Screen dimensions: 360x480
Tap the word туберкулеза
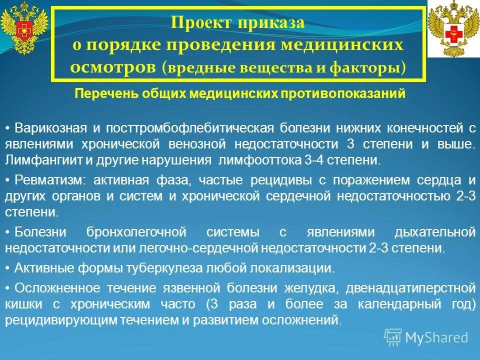177,267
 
